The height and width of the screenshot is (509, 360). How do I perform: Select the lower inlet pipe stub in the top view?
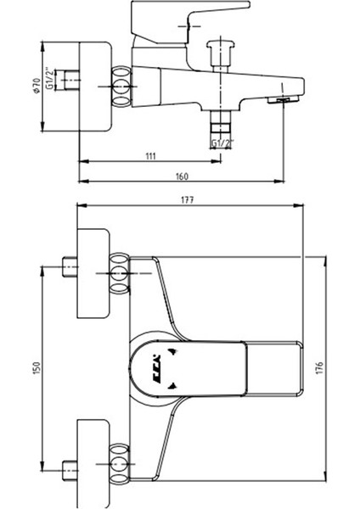pos(67,468)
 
